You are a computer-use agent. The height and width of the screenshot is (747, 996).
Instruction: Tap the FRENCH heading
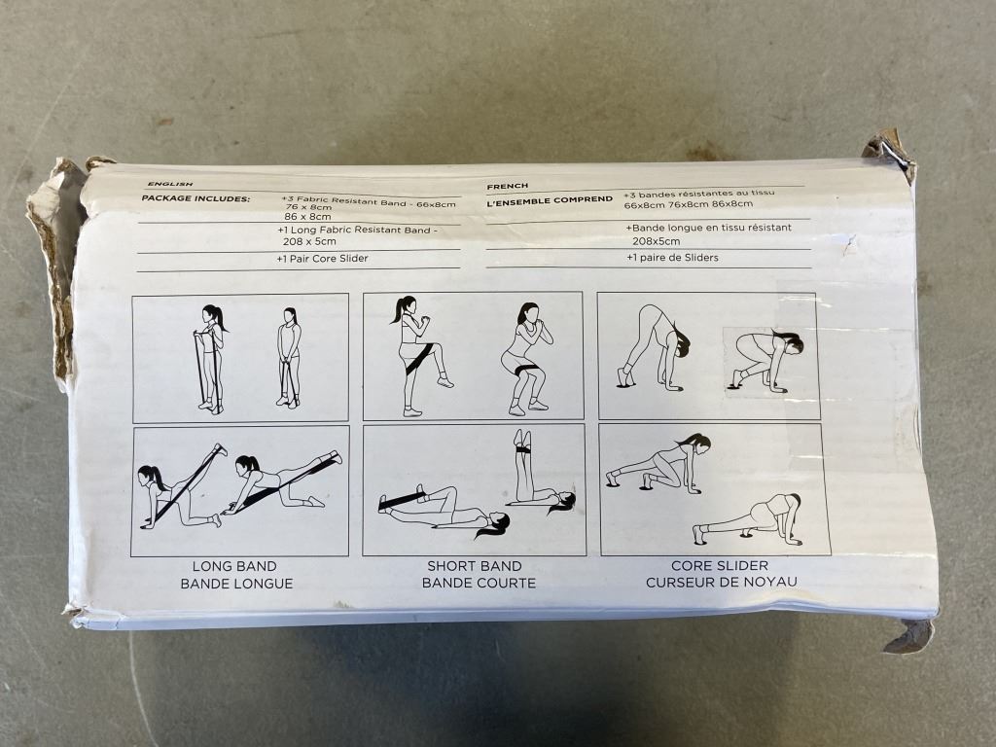click(x=507, y=186)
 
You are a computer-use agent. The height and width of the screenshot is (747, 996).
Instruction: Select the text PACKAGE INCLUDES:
click(x=196, y=198)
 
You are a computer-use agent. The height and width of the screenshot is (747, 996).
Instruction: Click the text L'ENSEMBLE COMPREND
click(x=550, y=200)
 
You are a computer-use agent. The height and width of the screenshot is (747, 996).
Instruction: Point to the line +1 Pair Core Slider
click(x=322, y=259)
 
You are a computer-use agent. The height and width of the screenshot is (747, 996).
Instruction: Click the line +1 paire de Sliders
click(x=672, y=257)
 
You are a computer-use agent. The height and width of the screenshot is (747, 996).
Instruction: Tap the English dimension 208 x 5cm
click(x=309, y=241)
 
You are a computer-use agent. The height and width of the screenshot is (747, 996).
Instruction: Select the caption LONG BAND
click(x=234, y=566)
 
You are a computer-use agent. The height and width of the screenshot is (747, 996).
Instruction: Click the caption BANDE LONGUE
click(x=236, y=584)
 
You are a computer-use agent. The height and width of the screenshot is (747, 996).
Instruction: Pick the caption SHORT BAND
click(x=474, y=566)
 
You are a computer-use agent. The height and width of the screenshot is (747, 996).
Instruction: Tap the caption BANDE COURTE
click(x=479, y=583)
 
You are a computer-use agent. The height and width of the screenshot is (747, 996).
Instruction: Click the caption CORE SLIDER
click(x=720, y=565)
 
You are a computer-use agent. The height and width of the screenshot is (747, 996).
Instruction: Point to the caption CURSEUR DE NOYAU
click(x=722, y=582)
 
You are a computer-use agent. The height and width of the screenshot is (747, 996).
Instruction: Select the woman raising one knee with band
click(x=419, y=356)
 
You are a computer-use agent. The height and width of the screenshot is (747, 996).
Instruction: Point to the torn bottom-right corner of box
click(x=909, y=635)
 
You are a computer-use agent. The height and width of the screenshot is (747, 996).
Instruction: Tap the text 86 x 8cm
click(x=307, y=217)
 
